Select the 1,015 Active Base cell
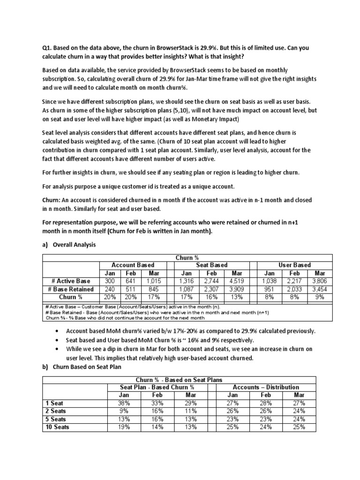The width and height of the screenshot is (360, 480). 154,281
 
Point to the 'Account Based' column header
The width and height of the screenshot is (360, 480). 133,265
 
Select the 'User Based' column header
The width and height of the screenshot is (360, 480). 295,265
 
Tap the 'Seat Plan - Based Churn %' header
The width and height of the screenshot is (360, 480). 157,387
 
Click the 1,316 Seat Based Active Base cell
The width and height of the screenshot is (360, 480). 187,281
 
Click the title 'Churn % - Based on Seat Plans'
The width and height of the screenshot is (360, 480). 179,379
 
